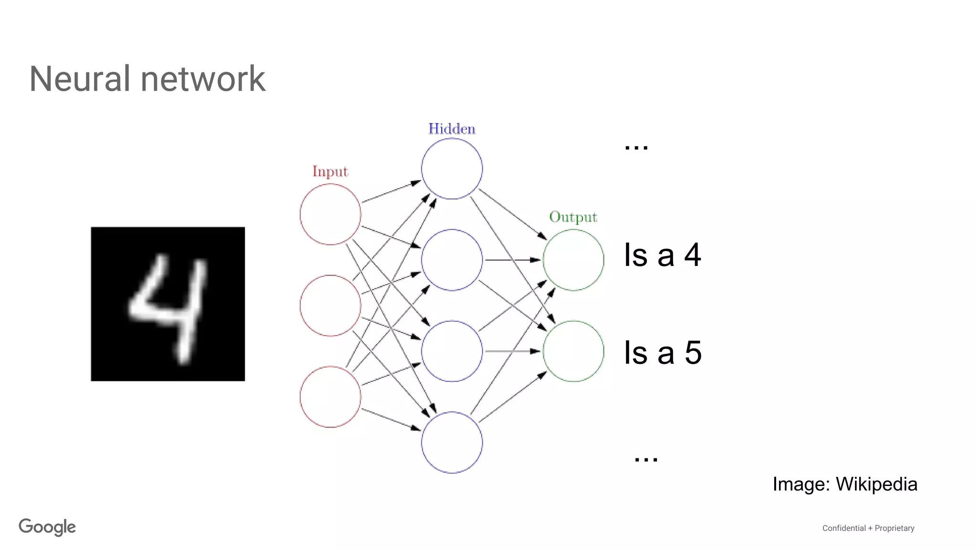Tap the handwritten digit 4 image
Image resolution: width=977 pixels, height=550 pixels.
[168, 304]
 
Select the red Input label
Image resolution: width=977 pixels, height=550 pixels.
[330, 171]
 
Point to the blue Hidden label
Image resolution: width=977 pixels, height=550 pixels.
[452, 129]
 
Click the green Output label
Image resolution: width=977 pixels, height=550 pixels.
[573, 217]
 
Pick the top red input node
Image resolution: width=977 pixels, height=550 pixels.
[330, 214]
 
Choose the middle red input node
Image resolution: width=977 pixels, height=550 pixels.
[330, 306]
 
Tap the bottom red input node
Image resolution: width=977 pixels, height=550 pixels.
[330, 397]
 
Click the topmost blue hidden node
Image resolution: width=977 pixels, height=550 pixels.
[452, 169]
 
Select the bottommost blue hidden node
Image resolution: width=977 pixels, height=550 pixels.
[452, 443]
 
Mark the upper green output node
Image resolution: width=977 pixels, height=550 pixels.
[573, 260]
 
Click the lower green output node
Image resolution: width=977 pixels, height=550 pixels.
[573, 351]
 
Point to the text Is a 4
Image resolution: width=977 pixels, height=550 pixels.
[663, 255]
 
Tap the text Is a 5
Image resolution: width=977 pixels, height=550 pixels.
[663, 353]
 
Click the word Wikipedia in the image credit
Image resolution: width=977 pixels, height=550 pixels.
[876, 484]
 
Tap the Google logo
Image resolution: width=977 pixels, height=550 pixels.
[47, 527]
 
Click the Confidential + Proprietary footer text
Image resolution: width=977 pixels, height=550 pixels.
[868, 528]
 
